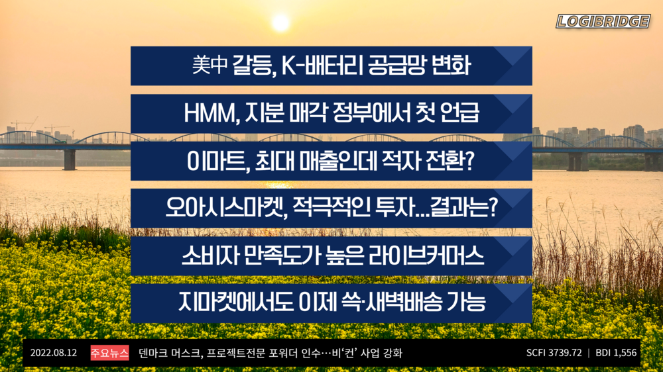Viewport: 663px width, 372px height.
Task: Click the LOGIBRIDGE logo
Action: click(x=603, y=22)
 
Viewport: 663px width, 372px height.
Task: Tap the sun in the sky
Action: click(x=281, y=23)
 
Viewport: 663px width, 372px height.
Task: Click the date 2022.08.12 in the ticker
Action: click(x=54, y=353)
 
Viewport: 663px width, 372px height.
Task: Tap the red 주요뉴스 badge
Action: click(x=109, y=353)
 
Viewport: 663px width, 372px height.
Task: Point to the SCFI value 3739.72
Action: click(x=564, y=353)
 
